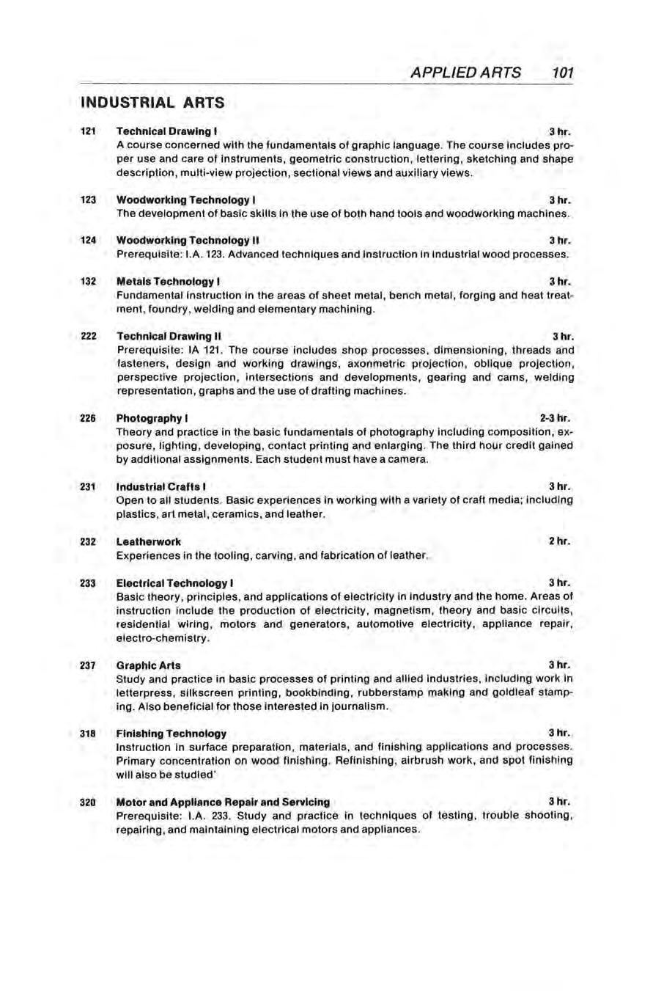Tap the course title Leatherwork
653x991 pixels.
[149, 541]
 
